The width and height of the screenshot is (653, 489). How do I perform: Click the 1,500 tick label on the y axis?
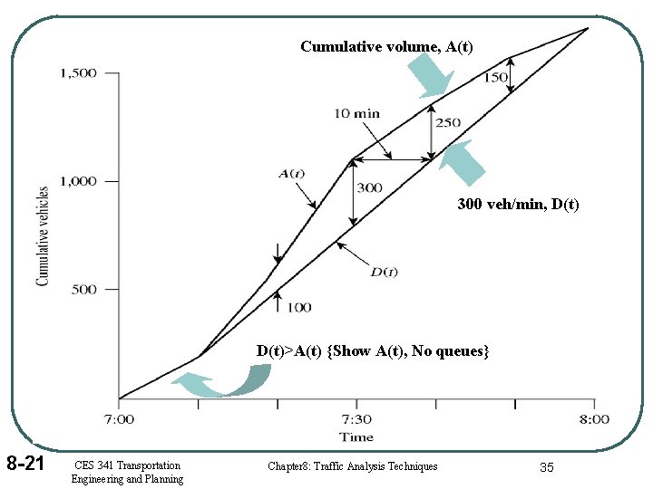78,73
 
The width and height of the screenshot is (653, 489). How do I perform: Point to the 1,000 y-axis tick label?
78,181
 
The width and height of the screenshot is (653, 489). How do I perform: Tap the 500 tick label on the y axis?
83,290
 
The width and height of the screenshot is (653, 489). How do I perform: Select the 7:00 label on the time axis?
118,419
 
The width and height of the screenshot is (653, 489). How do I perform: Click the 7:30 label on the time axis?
356,419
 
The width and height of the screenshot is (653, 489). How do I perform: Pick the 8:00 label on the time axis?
594,419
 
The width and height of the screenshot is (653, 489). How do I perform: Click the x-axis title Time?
356,436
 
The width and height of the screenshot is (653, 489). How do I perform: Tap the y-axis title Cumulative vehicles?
43,236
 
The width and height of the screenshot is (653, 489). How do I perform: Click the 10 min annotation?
357,114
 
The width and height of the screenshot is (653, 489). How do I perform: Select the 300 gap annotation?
369,188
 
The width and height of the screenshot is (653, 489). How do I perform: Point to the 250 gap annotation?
447,123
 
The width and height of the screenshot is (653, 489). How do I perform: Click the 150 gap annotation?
495,78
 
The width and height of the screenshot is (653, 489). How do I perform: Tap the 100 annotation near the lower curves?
298,308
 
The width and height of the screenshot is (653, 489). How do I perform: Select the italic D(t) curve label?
384,272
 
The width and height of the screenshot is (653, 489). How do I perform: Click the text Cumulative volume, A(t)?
386,46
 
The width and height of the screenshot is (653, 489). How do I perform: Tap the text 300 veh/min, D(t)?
518,206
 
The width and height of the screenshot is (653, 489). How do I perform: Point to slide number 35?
546,466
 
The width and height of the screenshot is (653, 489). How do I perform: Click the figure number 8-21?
25,465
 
